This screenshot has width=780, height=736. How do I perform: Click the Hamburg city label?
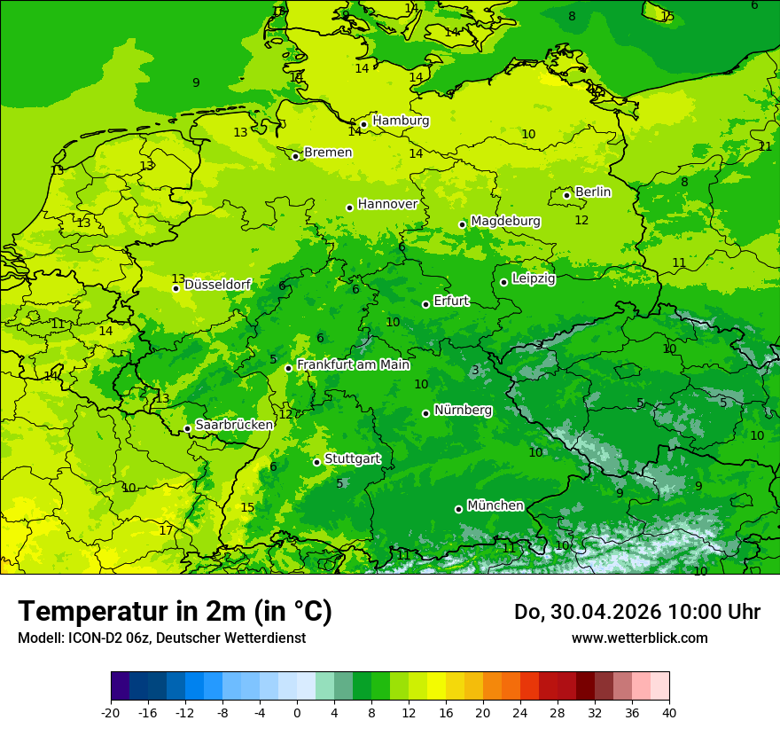coord(401,121)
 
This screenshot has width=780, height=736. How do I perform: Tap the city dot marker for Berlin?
coord(567,195)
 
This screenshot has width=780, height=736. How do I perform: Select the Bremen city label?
coord(328,153)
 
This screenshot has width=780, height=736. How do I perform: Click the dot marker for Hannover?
coord(349,207)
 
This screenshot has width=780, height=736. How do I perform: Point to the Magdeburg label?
coord(505,221)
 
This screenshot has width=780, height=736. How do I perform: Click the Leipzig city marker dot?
coord(503,282)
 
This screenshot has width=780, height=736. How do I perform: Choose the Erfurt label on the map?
coord(451,301)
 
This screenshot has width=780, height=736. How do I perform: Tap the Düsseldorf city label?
coord(217,285)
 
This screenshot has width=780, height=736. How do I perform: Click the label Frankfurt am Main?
coord(353,364)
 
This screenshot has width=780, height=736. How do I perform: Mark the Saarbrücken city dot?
coord(187,428)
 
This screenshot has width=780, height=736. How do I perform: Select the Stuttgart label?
coord(353,459)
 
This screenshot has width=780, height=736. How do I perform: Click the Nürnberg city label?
coord(463,411)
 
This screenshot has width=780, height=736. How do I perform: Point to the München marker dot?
coord(458,509)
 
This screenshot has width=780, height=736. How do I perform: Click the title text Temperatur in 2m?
coord(175,612)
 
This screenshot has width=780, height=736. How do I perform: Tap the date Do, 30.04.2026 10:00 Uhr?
coord(636,612)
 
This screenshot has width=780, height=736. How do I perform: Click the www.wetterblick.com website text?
coord(639,638)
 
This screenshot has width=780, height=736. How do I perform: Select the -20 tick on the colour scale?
coord(111,712)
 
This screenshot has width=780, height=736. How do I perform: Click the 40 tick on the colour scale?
coord(668,712)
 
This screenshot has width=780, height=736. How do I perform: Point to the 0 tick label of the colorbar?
coord(297,712)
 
